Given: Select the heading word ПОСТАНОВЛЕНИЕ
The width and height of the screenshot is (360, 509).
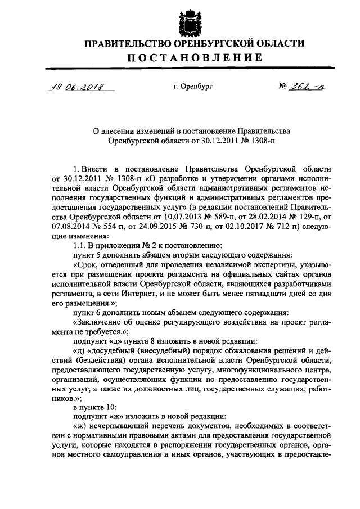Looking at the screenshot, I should (x=186, y=57).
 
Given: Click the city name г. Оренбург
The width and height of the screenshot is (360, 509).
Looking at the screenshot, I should (x=193, y=87).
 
